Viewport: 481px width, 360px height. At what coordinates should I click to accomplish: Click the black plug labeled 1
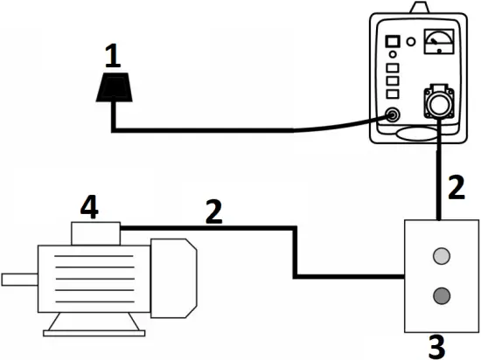click(113, 87)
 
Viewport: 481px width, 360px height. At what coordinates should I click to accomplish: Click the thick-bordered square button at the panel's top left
click(393, 41)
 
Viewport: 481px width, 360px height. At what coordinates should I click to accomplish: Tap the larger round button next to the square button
click(411, 40)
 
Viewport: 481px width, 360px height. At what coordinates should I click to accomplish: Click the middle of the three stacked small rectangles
click(393, 80)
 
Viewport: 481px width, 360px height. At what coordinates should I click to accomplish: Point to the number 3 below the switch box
click(436, 345)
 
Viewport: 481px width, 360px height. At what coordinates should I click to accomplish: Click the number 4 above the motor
click(88, 208)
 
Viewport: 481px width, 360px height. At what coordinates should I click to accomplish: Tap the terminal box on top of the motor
click(94, 233)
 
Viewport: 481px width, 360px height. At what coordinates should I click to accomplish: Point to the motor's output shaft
click(17, 280)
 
